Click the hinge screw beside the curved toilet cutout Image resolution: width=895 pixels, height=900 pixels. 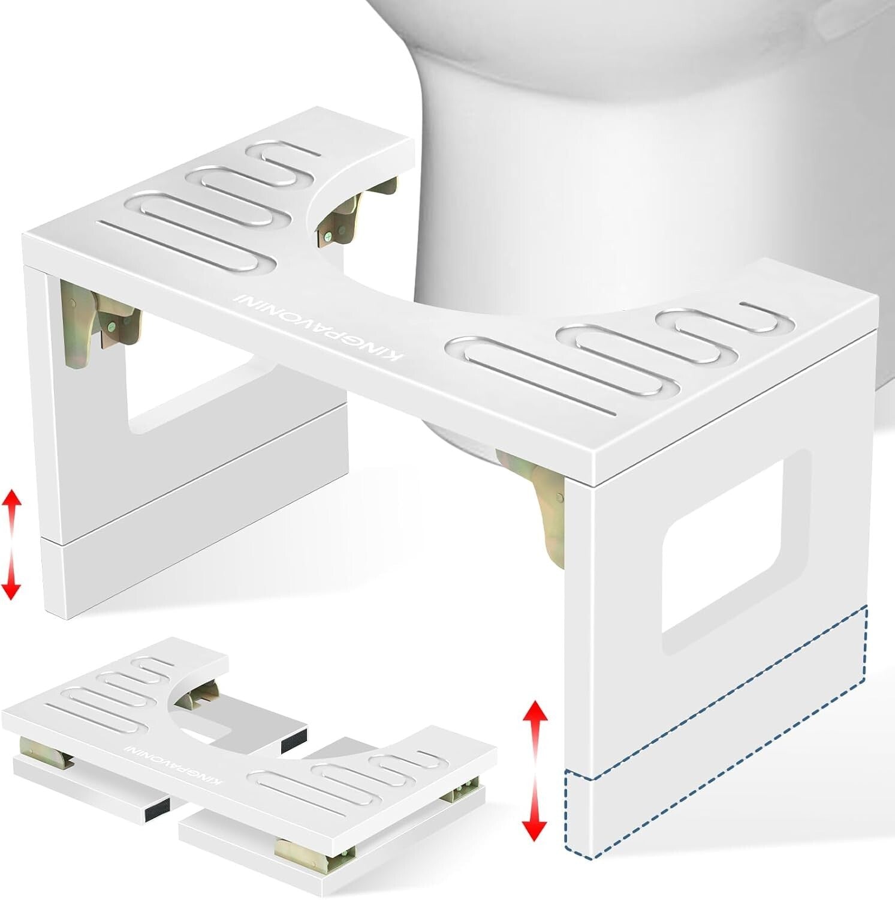329,236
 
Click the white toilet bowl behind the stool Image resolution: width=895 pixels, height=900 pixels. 599,150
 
